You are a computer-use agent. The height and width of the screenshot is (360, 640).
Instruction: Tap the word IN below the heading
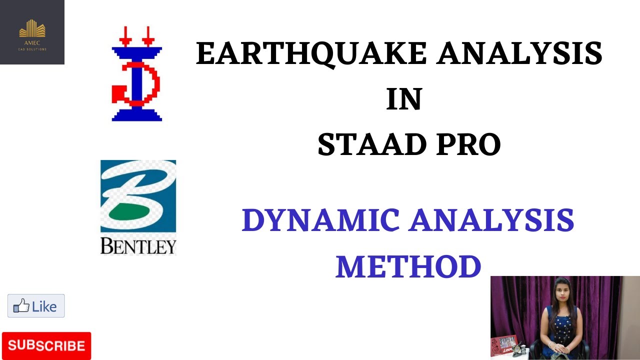[x=404, y=99]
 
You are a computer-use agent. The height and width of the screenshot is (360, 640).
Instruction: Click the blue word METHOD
[x=408, y=266]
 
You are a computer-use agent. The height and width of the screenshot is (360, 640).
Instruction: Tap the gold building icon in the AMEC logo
[x=32, y=28]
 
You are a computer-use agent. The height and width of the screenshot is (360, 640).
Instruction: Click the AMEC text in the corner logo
[x=32, y=42]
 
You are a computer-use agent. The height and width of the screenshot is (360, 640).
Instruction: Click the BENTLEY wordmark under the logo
[x=138, y=245]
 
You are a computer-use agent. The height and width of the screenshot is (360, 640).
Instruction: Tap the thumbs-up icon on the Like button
[x=21, y=306]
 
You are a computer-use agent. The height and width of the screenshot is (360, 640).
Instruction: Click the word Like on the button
[x=44, y=306]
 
